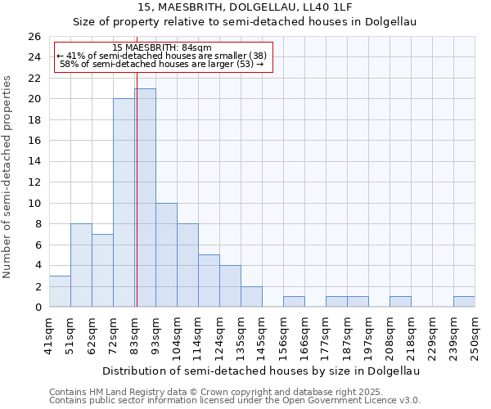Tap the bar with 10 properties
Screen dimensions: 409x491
pyautogui.click(x=166, y=255)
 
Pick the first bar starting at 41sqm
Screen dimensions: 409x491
pyautogui.click(x=60, y=291)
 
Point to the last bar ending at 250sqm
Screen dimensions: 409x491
pyautogui.click(x=464, y=302)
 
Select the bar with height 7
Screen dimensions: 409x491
pyautogui.click(x=102, y=271)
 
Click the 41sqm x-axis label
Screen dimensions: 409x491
pyautogui.click(x=49, y=335)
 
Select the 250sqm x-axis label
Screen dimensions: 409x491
pyautogui.click(x=475, y=335)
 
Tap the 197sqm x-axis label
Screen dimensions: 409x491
pyautogui.click(x=368, y=335)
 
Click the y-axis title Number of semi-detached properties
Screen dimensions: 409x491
pyautogui.click(x=8, y=177)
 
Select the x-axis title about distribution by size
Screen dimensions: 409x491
pyautogui.click(x=262, y=371)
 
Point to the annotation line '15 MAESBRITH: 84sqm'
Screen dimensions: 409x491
pyautogui.click(x=162, y=47)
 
